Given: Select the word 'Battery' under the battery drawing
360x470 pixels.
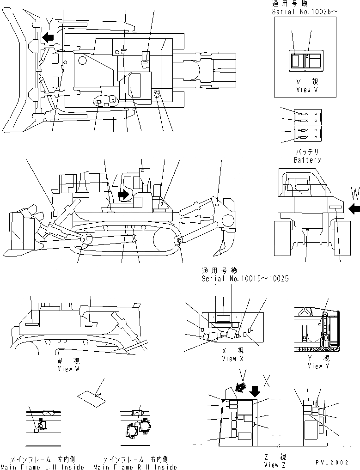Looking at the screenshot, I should coord(307,160).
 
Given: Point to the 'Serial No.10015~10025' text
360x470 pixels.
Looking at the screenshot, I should coord(245,279).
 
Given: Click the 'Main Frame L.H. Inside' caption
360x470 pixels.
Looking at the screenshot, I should coord(43,467).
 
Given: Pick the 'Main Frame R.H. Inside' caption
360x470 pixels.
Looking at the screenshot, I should coord(135,467).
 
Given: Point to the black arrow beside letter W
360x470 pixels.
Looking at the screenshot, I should coord(354,209).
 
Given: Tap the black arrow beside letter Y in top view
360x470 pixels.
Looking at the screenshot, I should coord(48,37).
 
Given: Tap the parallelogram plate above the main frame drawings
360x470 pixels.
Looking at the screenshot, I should coord(91,398).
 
